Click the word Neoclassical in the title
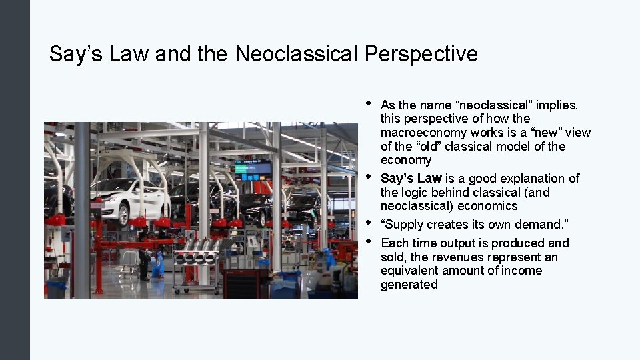click(297, 54)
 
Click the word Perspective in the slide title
click(421, 54)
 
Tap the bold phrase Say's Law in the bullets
click(411, 178)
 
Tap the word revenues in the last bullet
click(461, 257)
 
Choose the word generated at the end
click(409, 285)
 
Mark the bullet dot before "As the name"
click(367, 104)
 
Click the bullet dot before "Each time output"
click(367, 242)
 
